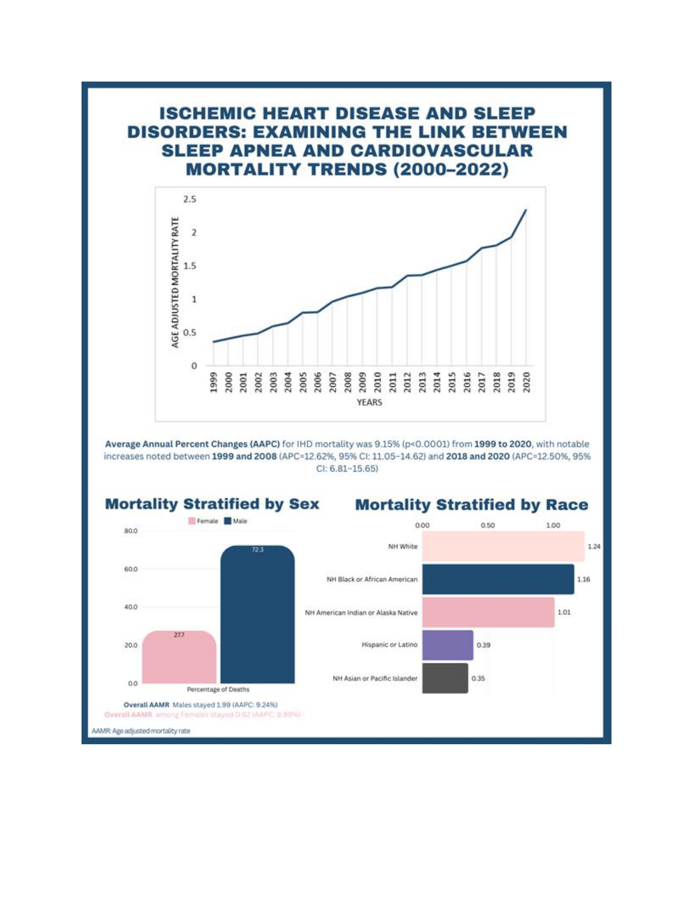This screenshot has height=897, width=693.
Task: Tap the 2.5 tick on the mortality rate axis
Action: [x=190, y=200]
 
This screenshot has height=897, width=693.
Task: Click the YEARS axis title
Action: [x=369, y=403]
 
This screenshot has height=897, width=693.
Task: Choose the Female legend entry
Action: [x=203, y=521]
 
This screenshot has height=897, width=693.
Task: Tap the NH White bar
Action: [x=503, y=546]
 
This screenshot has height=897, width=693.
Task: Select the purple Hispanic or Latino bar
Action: [x=448, y=645]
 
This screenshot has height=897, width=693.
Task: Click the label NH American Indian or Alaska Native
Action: [x=361, y=612]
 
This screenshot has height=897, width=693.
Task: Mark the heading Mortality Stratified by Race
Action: [x=471, y=505]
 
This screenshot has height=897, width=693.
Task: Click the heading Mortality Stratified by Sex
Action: [x=212, y=504]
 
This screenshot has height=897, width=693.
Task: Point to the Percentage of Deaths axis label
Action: [x=218, y=689]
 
